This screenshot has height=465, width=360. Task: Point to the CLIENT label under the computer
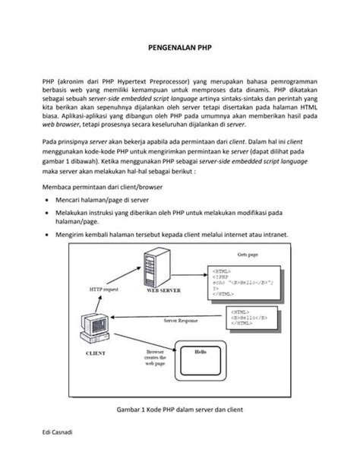96,353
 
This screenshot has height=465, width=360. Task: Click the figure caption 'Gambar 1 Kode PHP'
180,409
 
